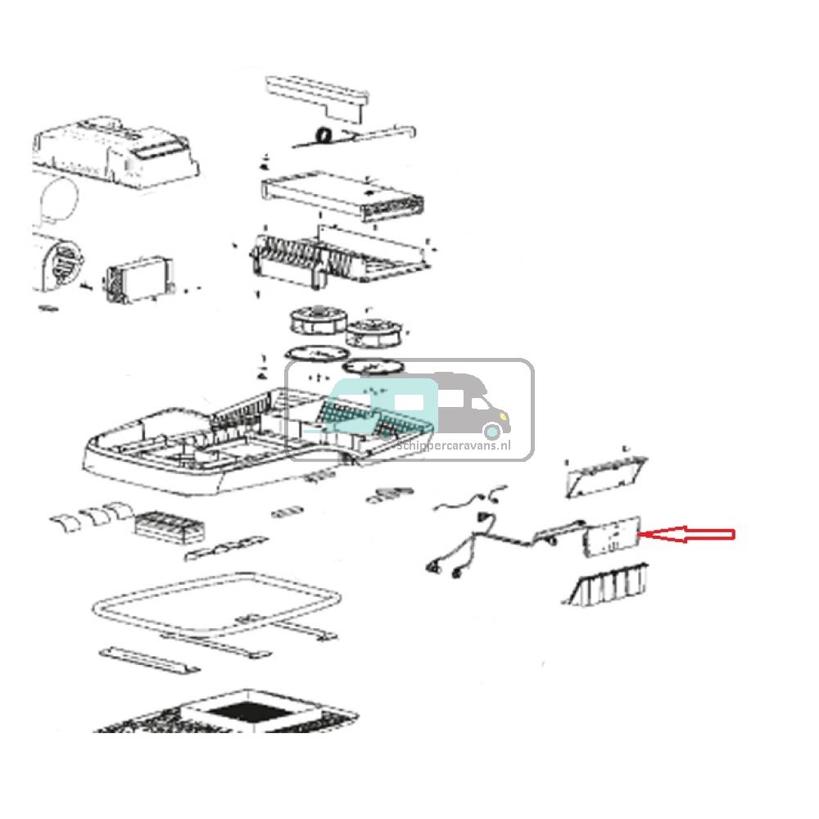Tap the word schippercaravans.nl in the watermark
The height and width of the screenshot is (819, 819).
coord(464,445)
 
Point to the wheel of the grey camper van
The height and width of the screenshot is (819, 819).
coord(491,431)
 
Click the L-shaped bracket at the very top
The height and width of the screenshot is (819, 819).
coord(316,92)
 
